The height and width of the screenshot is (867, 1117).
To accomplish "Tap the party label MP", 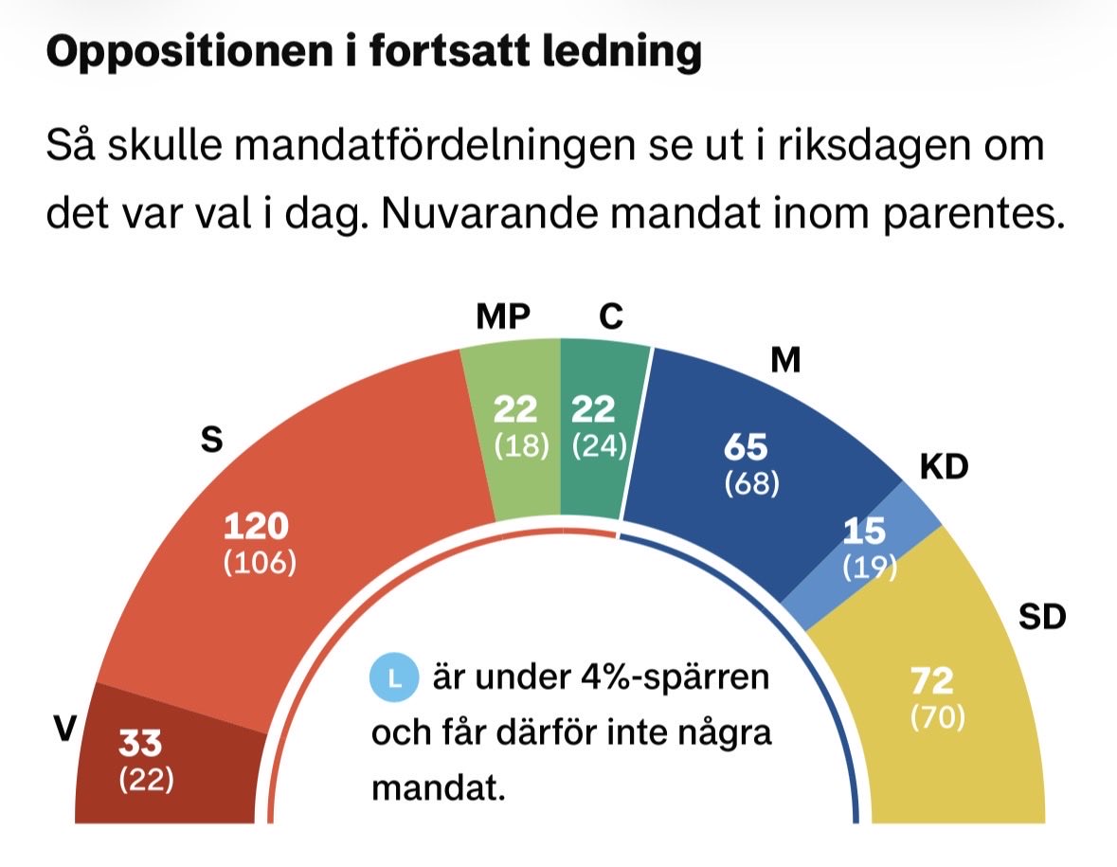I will (x=502, y=316).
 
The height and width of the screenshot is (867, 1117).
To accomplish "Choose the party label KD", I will (x=944, y=468).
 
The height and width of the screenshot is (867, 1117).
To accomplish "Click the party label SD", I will (x=1042, y=618).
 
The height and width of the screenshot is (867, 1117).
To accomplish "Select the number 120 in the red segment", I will (x=256, y=527).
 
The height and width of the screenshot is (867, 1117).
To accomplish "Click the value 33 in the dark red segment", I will (x=140, y=744).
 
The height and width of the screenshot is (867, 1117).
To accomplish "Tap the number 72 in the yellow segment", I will (x=931, y=681).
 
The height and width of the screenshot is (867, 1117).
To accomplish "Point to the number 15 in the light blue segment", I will (x=864, y=532).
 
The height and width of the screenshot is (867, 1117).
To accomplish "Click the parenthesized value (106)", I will (x=260, y=563).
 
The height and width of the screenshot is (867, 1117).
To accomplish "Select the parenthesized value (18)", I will (x=522, y=445).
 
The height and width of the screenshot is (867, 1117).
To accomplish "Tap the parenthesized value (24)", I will (x=600, y=445).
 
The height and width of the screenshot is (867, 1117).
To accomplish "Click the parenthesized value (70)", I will (x=937, y=717).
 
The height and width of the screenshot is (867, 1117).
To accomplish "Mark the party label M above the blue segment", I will (x=786, y=361).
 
